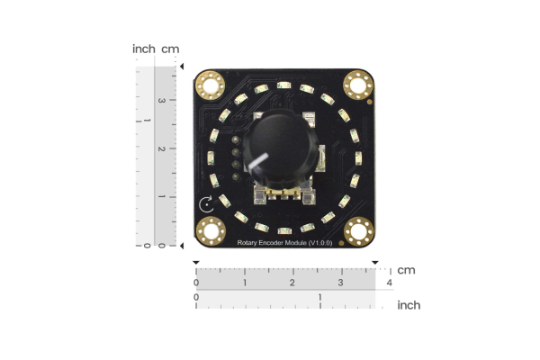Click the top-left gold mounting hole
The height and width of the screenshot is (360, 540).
(211, 86)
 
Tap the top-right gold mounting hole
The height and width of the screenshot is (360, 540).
(357, 85)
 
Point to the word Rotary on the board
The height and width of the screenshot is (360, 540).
(249, 244)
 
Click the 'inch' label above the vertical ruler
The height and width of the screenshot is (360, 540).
(143, 49)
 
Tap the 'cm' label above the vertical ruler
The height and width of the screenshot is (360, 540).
(170, 49)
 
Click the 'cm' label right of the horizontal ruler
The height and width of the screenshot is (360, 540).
(406, 270)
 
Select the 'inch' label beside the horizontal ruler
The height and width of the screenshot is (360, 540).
(409, 305)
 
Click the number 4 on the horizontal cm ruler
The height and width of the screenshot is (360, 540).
(389, 283)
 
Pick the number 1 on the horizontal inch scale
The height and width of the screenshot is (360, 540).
(320, 296)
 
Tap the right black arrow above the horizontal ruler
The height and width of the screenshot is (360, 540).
(375, 263)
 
